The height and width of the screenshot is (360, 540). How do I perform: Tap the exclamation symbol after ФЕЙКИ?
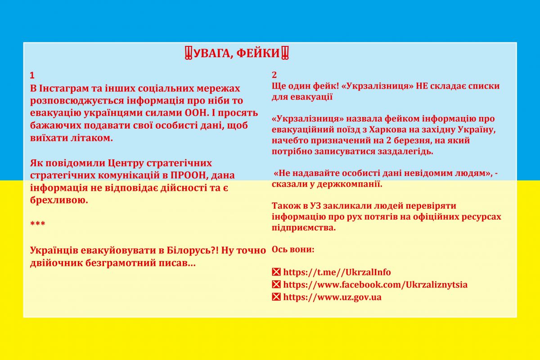(285, 54)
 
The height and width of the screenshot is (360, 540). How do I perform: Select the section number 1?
(32, 75)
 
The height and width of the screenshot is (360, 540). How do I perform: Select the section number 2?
(274, 75)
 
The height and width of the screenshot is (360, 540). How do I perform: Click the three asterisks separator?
(37, 224)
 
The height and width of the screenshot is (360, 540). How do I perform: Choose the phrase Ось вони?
(293, 249)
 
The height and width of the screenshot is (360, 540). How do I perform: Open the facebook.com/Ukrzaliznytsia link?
(375, 284)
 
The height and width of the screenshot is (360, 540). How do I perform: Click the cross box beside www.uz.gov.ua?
(276, 297)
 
